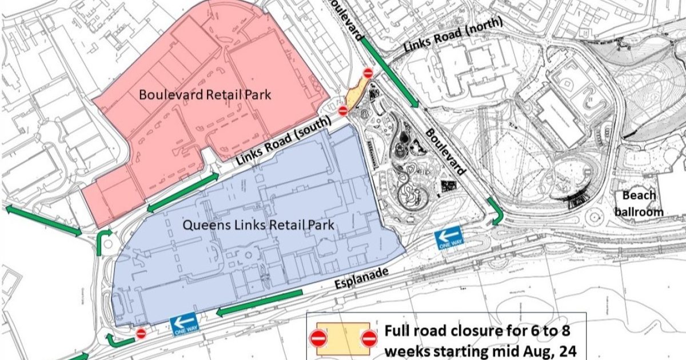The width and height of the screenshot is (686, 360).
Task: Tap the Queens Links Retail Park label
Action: pyautogui.click(x=258, y=225)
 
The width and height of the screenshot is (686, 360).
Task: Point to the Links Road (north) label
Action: pyautogui.click(x=453, y=35)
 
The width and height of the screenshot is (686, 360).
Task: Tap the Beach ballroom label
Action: pyautogui.click(x=639, y=204)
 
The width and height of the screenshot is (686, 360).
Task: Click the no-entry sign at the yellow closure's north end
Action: pyautogui.click(x=368, y=73)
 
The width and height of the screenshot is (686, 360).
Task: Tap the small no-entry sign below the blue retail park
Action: pyautogui.click(x=141, y=333)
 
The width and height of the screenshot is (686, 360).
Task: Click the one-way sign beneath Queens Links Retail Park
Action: pyautogui.click(x=184, y=324)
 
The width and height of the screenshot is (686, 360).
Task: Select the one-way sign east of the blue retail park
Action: pyautogui.click(x=448, y=237)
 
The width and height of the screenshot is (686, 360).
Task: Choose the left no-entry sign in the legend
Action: pyautogui.click(x=318, y=339)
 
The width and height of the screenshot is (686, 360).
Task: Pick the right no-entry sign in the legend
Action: pyautogui.click(x=369, y=339)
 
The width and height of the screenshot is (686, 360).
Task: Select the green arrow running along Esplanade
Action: pyautogui.click(x=260, y=302)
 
